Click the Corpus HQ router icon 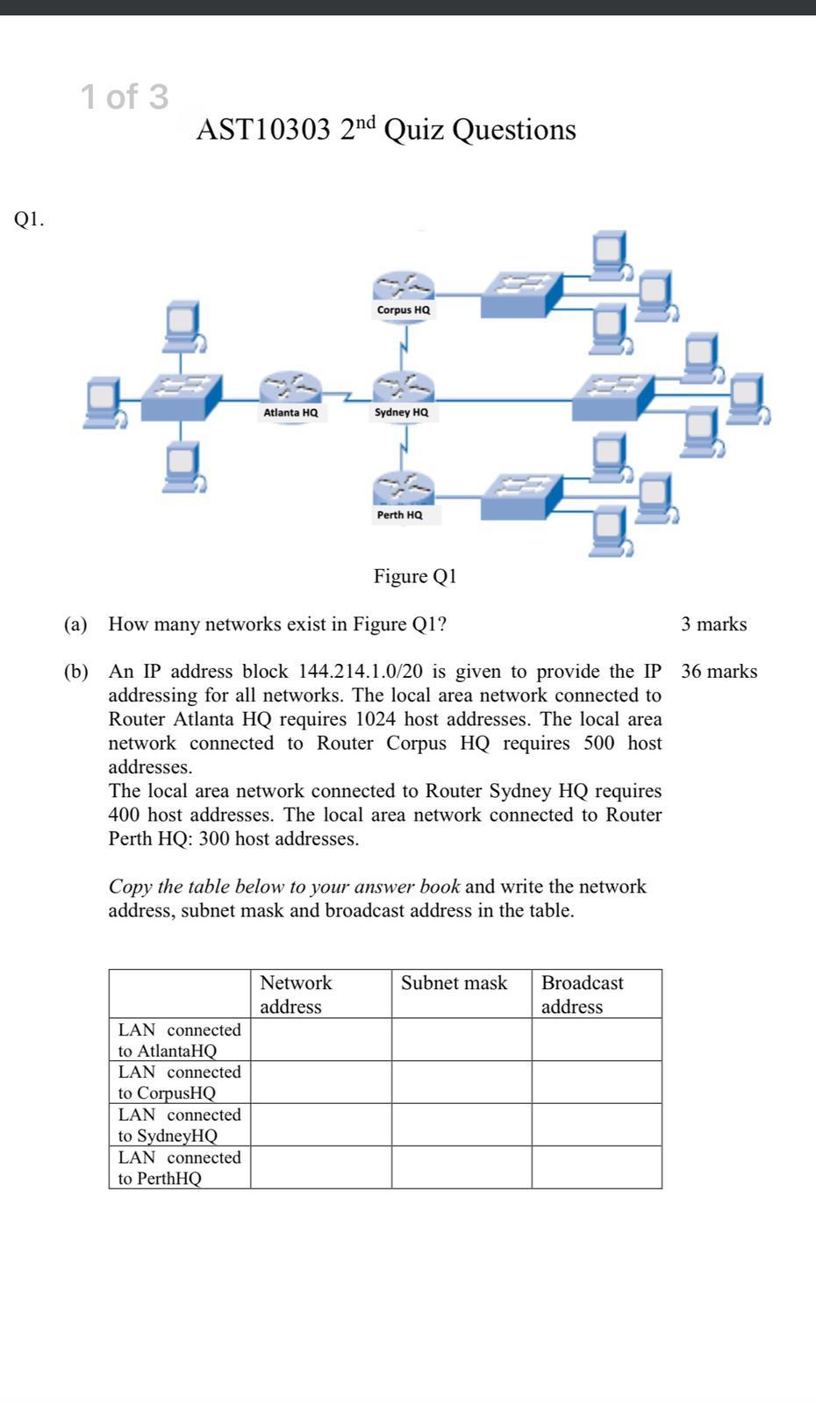click(x=403, y=286)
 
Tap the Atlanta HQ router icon click(x=290, y=388)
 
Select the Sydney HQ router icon click(x=403, y=388)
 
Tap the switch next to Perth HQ click(x=520, y=496)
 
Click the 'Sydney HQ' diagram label click(x=402, y=412)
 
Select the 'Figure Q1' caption click(x=415, y=576)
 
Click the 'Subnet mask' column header click(x=454, y=983)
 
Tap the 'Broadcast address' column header click(x=582, y=994)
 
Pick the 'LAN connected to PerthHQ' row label click(x=179, y=1168)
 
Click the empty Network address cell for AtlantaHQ click(x=320, y=1040)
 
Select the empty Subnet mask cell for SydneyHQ click(x=462, y=1125)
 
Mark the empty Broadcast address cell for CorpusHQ click(x=597, y=1082)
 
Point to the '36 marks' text click(x=719, y=672)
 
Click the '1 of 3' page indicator click(x=124, y=96)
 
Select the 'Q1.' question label click(x=29, y=219)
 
